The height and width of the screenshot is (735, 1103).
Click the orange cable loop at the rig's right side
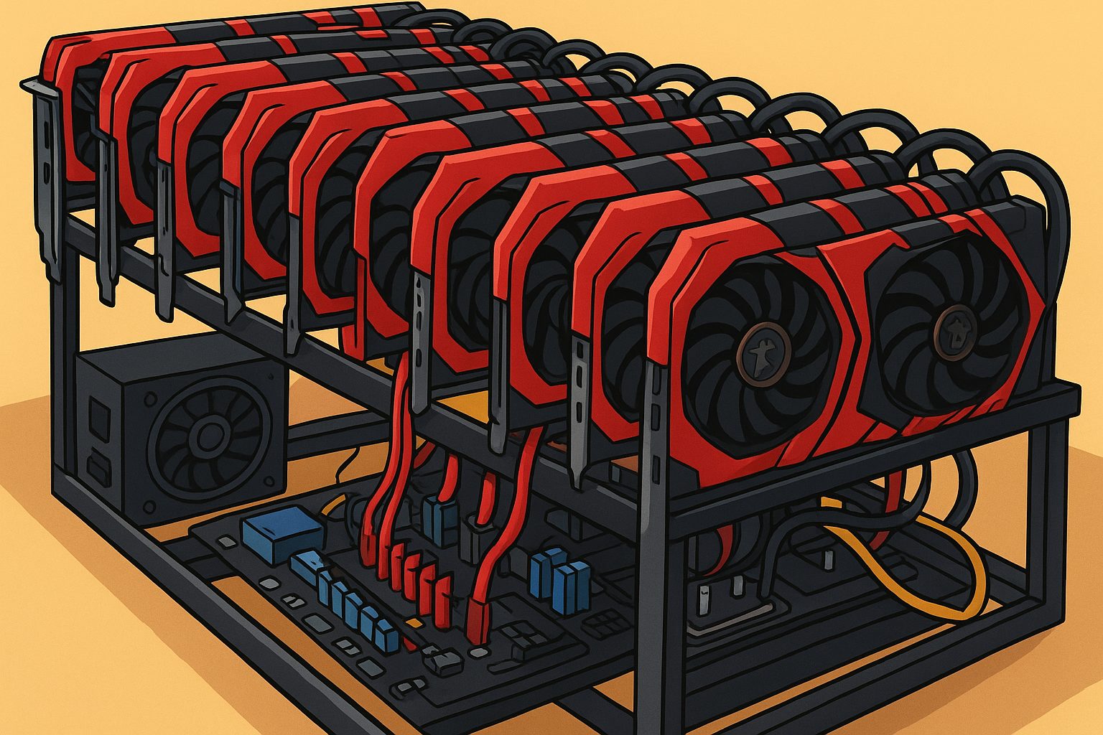pos(926,574)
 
